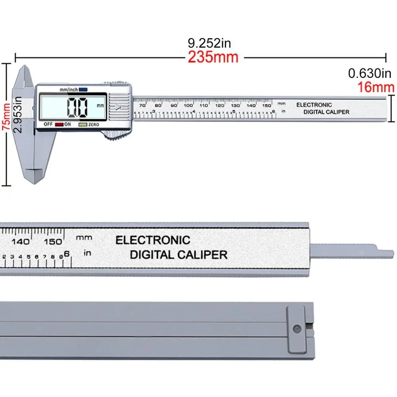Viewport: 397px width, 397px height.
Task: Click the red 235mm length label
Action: [x=213, y=57]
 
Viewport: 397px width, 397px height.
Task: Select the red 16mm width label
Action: [x=376, y=87]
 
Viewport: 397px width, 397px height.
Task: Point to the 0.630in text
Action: [x=369, y=73]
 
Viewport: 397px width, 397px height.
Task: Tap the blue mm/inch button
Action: [x=83, y=90]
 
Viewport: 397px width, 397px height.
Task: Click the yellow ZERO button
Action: [x=83, y=125]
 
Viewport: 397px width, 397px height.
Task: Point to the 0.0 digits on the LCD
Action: [x=77, y=107]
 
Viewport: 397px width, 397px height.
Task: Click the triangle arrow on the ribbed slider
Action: [x=118, y=107]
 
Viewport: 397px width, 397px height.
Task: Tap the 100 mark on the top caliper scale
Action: [x=188, y=105]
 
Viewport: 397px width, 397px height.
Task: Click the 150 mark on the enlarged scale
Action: [x=53, y=241]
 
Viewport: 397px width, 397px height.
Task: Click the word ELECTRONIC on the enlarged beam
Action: [x=152, y=240]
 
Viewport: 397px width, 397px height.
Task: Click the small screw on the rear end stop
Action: [x=296, y=328]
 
